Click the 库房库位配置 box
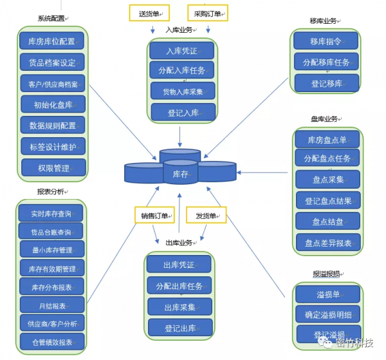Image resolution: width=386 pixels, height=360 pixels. pyautogui.click(x=52, y=42)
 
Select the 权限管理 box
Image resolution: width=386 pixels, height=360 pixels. pyautogui.click(x=53, y=168)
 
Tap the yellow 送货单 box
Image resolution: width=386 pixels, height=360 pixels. pyautogui.click(x=149, y=13)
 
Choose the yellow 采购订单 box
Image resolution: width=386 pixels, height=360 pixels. pyautogui.click(x=208, y=13)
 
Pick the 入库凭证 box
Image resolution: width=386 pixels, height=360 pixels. pyautogui.click(x=182, y=50)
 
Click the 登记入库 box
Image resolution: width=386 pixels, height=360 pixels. pyautogui.click(x=183, y=113)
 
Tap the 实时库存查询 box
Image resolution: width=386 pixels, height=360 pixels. pyautogui.click(x=51, y=213)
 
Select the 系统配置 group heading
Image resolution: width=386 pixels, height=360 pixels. pyautogui.click(x=52, y=19)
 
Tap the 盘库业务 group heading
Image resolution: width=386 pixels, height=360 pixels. pyautogui.click(x=324, y=118)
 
